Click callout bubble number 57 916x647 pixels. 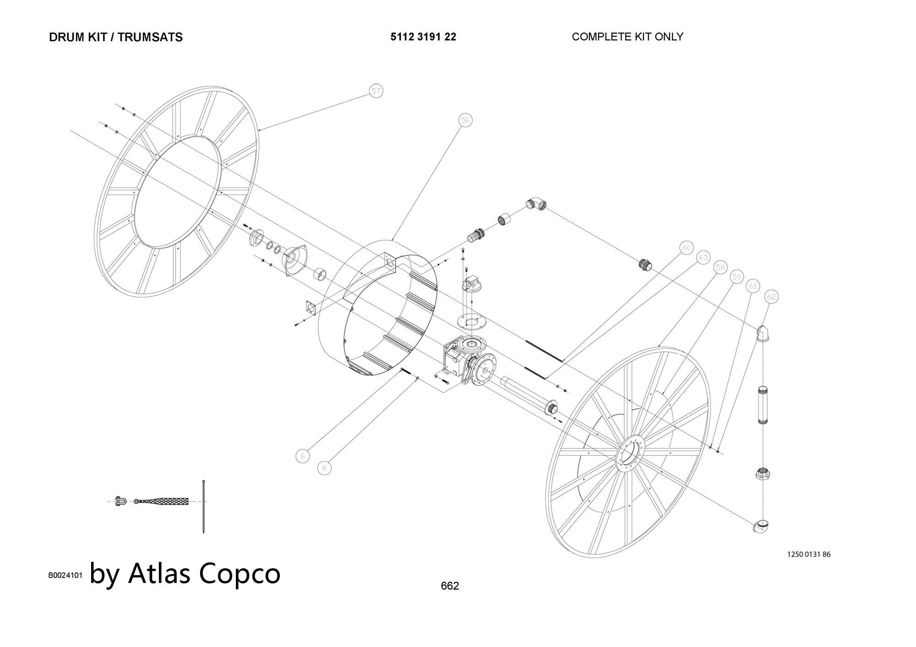(x=376, y=91)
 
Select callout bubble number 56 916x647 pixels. (x=465, y=120)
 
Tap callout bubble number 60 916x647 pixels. (x=686, y=248)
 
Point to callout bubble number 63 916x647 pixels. (x=703, y=258)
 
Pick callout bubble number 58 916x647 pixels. (x=720, y=267)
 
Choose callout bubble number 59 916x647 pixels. (x=736, y=277)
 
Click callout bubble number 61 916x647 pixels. (x=753, y=286)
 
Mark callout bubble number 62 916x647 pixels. (x=772, y=297)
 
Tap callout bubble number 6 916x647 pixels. (x=302, y=456)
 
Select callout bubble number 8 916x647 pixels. (x=324, y=468)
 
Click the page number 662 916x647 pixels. (x=450, y=586)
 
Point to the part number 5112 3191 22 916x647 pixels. (x=423, y=37)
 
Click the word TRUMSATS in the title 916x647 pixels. (x=150, y=37)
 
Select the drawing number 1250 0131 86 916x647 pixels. (x=808, y=555)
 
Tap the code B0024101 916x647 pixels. (x=65, y=575)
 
